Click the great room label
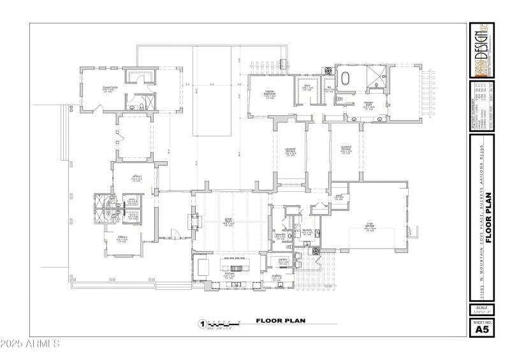227,221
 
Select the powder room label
279,234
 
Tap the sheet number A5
482,329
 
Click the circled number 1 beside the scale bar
203,323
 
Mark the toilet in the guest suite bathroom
131,108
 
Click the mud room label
340,196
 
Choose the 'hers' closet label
307,85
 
